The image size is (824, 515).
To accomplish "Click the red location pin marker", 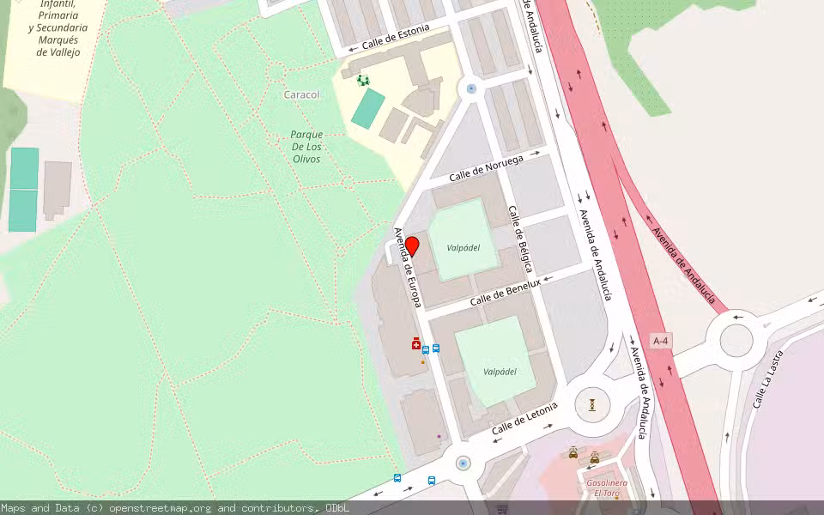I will click(412, 246).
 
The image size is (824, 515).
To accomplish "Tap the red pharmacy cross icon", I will click(416, 343).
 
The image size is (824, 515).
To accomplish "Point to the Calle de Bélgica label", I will click(520, 239).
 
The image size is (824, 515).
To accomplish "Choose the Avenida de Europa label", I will click(407, 268).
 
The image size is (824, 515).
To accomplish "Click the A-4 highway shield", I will click(660, 341).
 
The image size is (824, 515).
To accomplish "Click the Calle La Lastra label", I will click(766, 385).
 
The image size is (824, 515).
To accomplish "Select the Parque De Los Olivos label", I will click(306, 147).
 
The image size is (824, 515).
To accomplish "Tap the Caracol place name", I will click(301, 94).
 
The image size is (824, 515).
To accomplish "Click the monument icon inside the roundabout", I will click(591, 403).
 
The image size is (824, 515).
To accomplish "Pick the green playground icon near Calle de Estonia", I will click(363, 81).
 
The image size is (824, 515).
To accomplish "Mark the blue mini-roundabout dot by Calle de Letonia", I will click(463, 463).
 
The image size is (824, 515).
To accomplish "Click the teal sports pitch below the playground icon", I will click(368, 108).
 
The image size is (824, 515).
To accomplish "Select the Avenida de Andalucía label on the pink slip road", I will click(683, 265).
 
